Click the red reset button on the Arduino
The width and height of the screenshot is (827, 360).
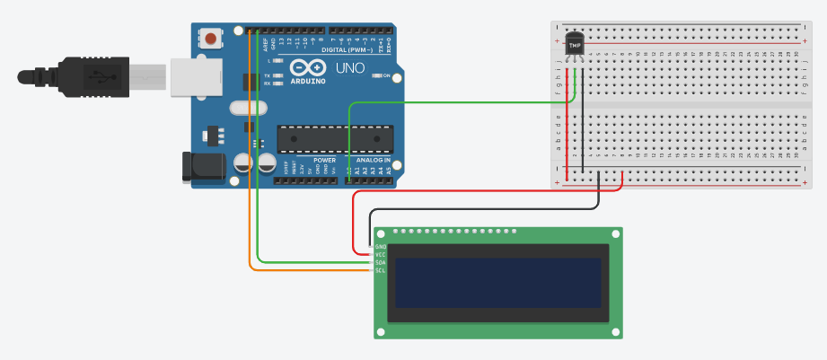tap(211, 39)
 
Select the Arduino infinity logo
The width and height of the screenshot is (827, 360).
tap(307, 69)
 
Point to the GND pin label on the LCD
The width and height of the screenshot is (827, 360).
tap(380, 247)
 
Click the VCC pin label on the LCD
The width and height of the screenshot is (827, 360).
tap(380, 255)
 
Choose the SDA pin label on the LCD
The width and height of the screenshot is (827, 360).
tap(380, 263)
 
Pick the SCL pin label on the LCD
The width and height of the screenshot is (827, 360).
tap(380, 270)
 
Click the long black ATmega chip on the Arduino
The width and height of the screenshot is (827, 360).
tap(334, 138)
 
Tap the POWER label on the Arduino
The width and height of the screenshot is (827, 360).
tap(324, 160)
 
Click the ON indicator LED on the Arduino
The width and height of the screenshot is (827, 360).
tap(378, 76)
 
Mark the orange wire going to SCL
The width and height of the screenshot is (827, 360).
tap(251, 180)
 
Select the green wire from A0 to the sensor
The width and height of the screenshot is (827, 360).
tap(449, 103)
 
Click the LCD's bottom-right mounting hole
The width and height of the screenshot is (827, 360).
tap(614, 332)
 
